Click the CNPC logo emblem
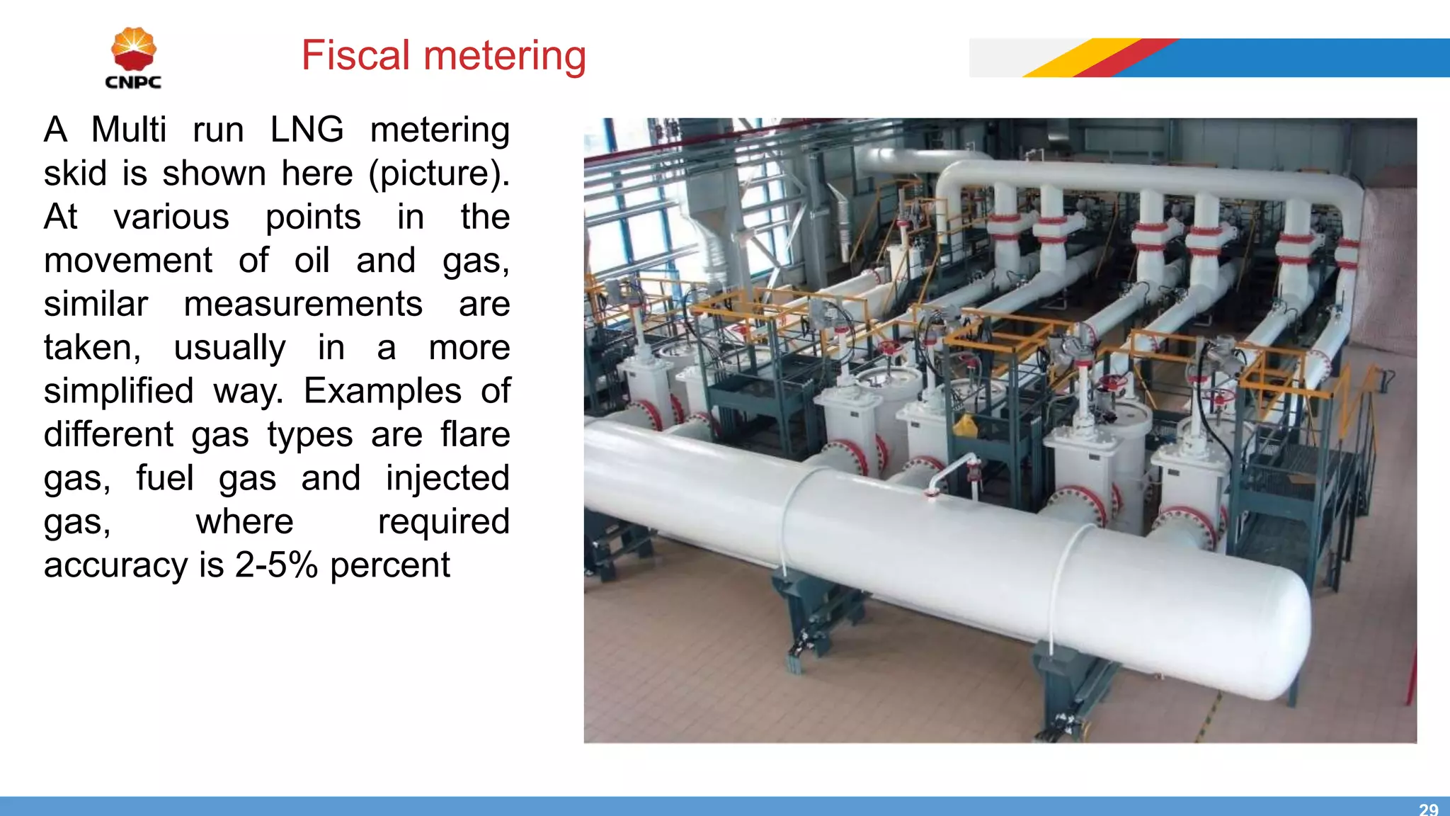tap(133, 50)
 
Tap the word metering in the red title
tap(504, 57)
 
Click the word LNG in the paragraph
tap(307, 130)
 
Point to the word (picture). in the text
tap(439, 174)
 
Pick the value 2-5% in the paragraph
tap(276, 565)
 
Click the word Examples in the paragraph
tap(382, 392)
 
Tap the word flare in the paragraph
tap(475, 435)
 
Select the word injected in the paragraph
tap(447, 479)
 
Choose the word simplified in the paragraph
tap(118, 392)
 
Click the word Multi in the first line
tap(129, 130)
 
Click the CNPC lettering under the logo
tap(133, 82)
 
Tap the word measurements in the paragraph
tap(303, 305)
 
